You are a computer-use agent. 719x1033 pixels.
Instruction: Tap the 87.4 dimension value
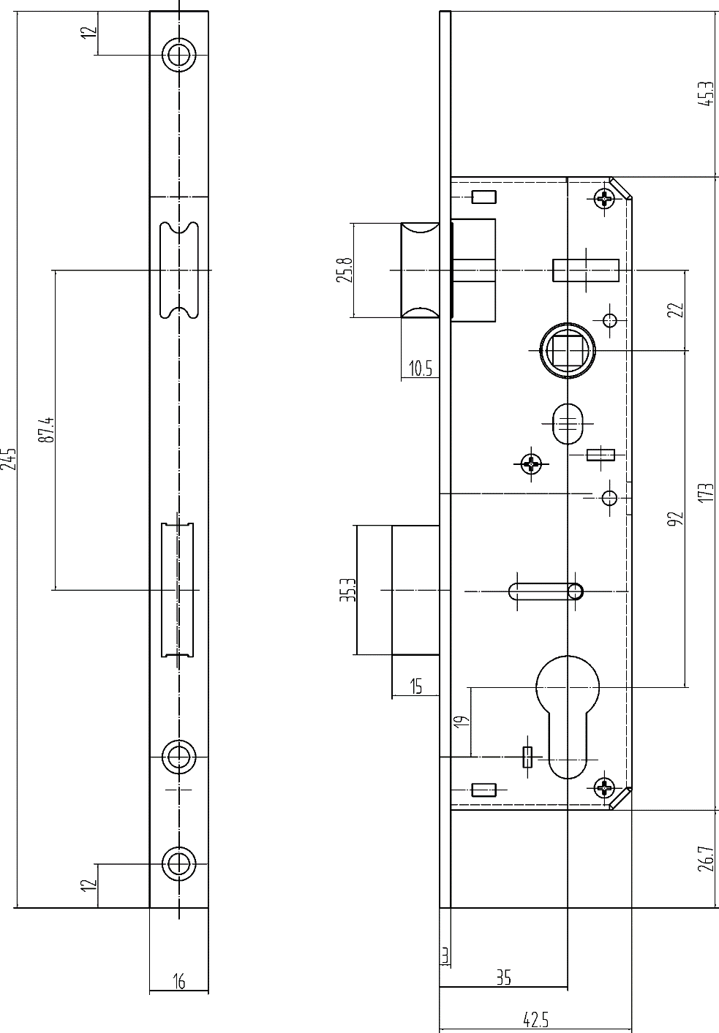click(47, 430)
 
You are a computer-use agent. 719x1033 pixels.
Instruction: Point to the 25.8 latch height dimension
click(345, 270)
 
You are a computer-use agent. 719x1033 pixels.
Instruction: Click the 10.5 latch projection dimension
click(421, 369)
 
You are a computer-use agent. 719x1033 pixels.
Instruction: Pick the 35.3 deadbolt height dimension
click(350, 590)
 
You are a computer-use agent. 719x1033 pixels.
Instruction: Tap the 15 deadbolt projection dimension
click(415, 686)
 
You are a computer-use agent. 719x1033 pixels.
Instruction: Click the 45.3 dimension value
click(707, 94)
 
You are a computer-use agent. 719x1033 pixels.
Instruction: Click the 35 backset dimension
click(504, 977)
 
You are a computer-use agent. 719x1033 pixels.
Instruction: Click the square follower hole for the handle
click(567, 350)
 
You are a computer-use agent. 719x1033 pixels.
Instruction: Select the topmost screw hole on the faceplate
click(179, 55)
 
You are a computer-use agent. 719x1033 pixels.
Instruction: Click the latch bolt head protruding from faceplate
click(420, 270)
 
